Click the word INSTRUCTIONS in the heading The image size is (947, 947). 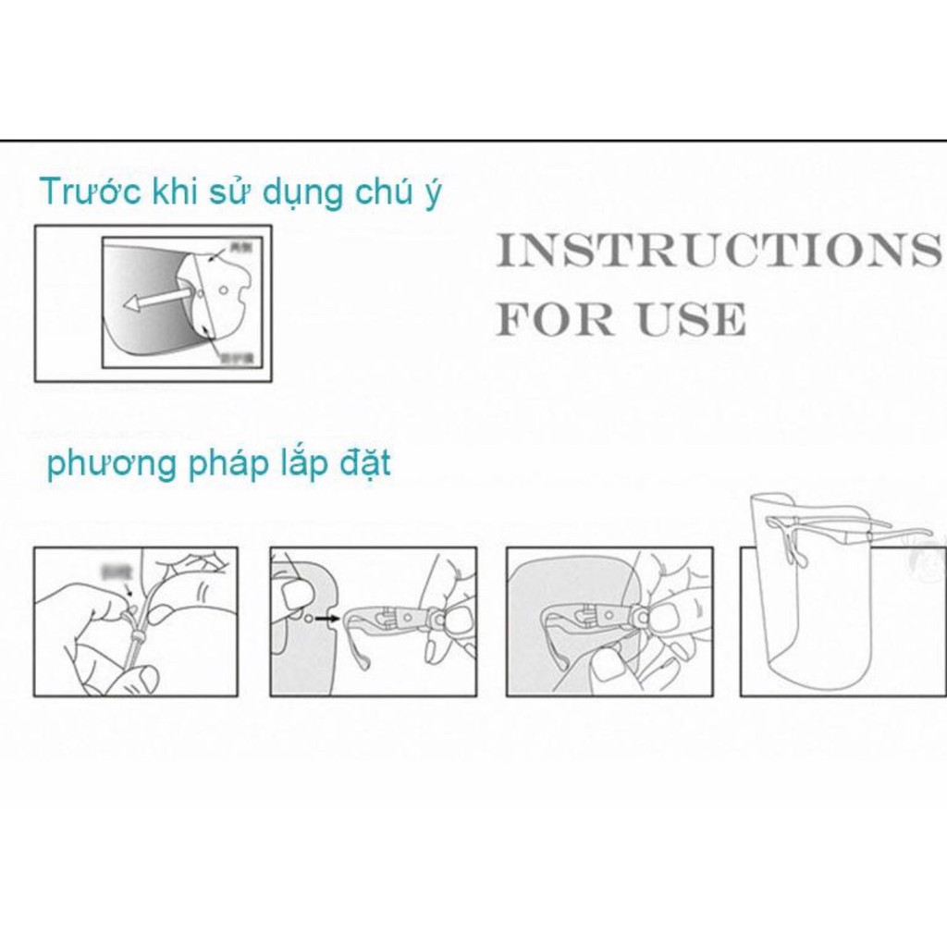713,250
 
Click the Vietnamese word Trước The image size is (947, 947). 90,191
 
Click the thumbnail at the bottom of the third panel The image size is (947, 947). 610,668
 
